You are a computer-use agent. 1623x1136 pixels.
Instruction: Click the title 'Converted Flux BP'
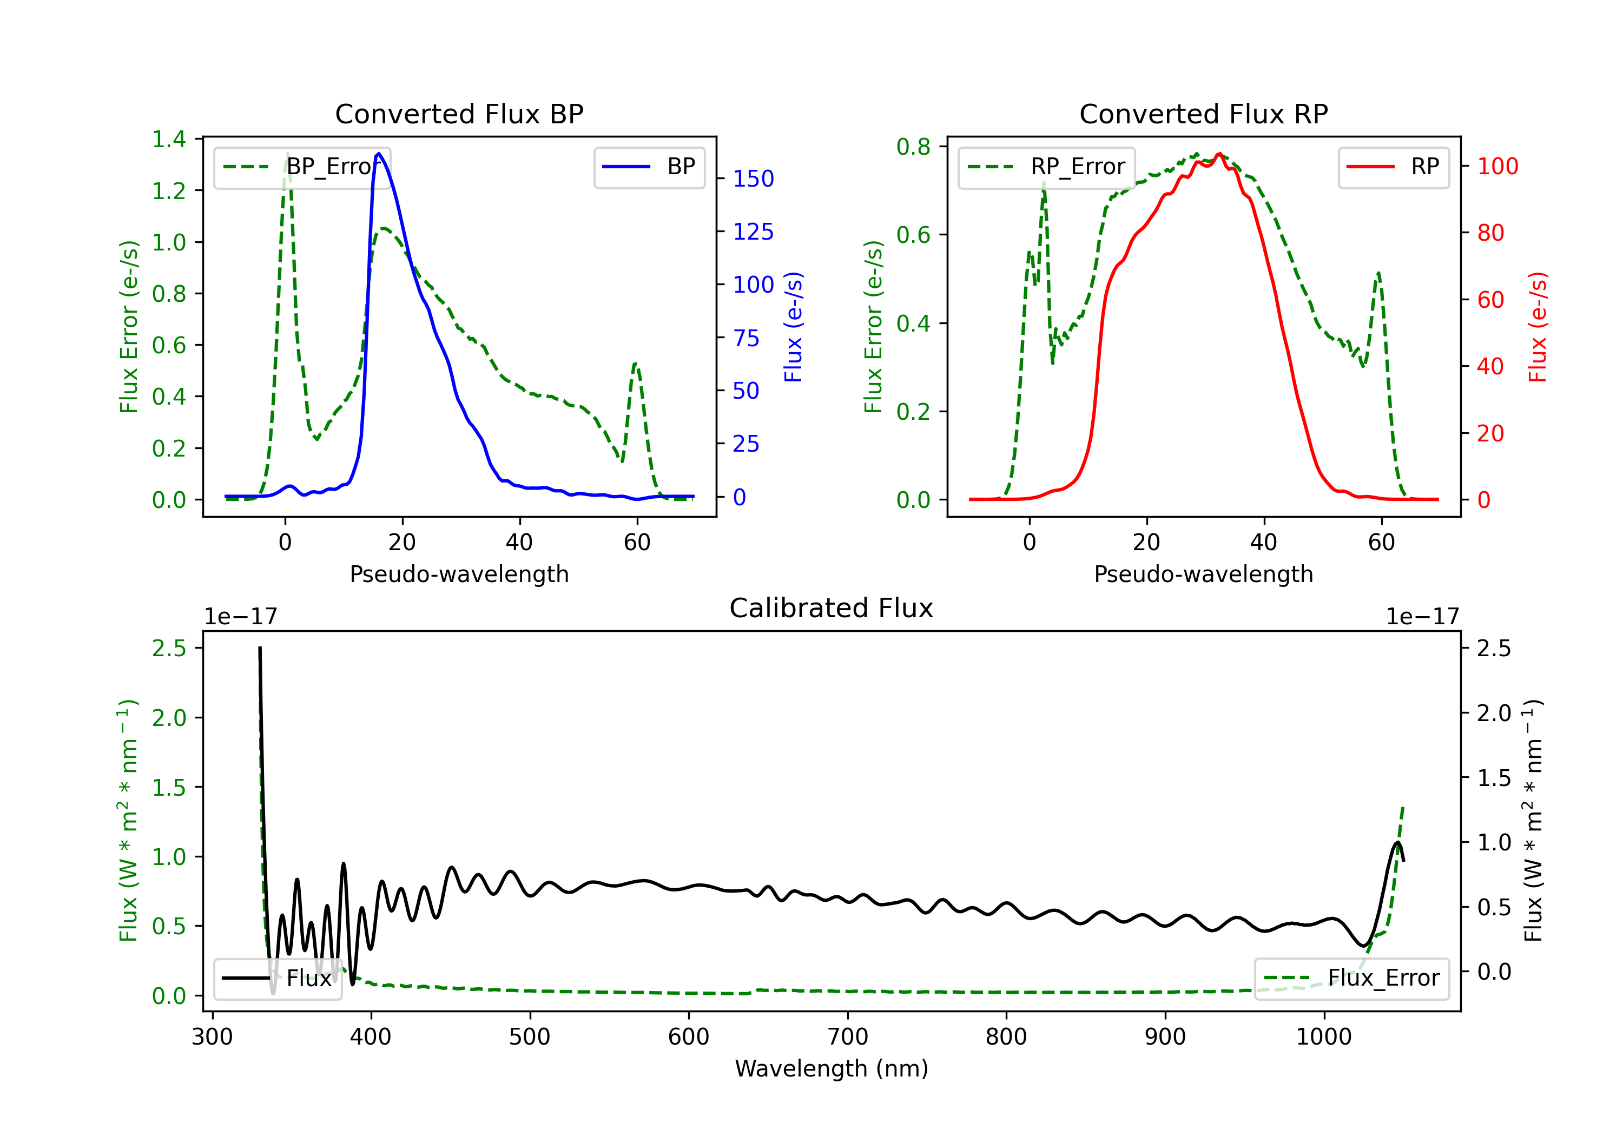pos(459,114)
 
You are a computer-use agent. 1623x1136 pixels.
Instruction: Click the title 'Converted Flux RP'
pos(1203,114)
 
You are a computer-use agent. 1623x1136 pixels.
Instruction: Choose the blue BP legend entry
pos(649,167)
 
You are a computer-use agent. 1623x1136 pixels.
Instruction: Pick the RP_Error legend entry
pos(1046,167)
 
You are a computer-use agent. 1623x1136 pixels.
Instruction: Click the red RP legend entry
pos(1393,167)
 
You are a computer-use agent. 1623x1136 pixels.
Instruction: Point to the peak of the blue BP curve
pos(379,154)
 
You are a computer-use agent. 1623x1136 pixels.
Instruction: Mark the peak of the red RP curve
pos(1219,154)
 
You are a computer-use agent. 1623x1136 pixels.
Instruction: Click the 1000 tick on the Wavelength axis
pos(1323,1036)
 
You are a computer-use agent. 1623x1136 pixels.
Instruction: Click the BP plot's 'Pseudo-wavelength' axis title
pos(459,574)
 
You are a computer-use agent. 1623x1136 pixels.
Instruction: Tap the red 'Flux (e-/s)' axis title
pos(1538,327)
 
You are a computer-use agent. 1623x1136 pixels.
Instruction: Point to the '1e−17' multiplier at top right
pos(1422,617)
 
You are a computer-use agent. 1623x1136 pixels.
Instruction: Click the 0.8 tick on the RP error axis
pos(913,147)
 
